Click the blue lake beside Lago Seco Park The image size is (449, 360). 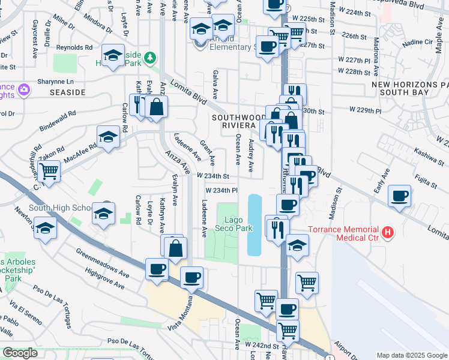coord(255,224)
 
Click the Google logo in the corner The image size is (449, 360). coord(20,353)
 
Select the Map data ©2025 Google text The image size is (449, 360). coord(412,355)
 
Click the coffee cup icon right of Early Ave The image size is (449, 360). coord(399,196)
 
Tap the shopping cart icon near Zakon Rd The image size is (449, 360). coord(49,171)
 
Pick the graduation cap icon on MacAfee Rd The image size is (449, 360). coord(108,137)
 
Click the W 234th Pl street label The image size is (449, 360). coord(222,190)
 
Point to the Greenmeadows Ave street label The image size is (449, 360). coord(103,261)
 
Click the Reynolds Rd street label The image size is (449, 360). coord(74,47)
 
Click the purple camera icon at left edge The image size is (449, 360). coord(24,90)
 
